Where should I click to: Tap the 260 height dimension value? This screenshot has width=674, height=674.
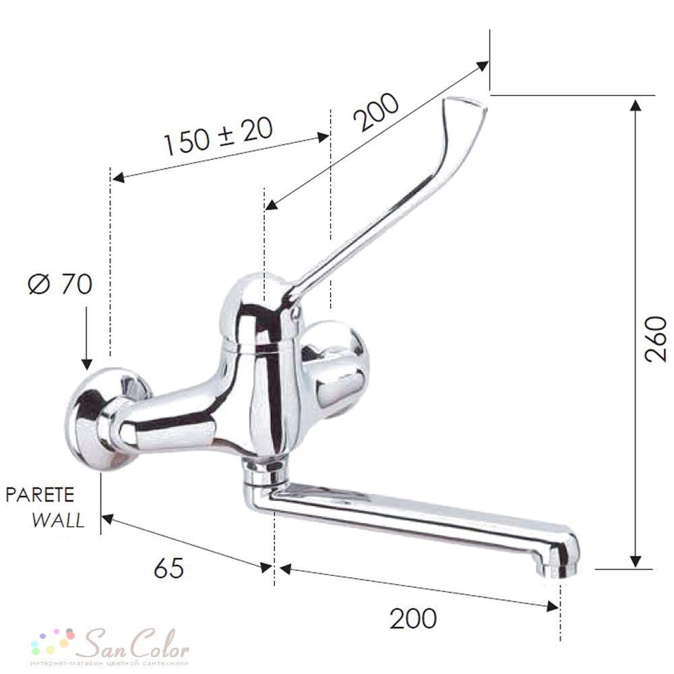tap(655, 339)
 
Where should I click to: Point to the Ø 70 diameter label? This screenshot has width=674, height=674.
tap(60, 284)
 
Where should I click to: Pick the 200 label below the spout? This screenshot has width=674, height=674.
tap(412, 619)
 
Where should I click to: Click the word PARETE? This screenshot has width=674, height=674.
tap(40, 495)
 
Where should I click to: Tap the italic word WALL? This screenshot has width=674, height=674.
tap(58, 520)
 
